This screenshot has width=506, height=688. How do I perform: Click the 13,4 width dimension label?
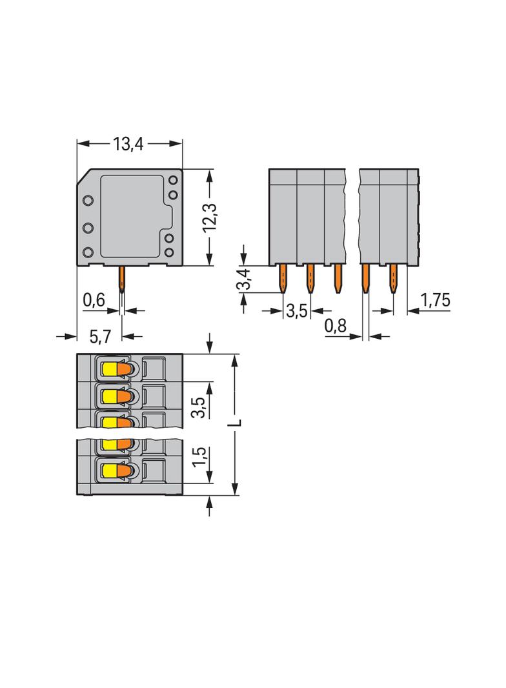(x=128, y=144)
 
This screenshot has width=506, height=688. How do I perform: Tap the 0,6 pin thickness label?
(x=94, y=300)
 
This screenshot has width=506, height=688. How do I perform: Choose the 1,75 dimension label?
(x=435, y=300)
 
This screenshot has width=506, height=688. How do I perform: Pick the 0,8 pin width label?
(x=335, y=327)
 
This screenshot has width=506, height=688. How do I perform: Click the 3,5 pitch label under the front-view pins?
(x=296, y=311)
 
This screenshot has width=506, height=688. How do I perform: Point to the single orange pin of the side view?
(x=121, y=279)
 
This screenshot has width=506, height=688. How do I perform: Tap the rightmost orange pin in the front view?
(x=392, y=279)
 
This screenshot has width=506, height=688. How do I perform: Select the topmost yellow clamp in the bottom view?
(x=108, y=369)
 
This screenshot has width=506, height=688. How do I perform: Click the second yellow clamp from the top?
(x=108, y=395)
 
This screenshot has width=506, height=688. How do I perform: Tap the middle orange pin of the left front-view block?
(x=310, y=278)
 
